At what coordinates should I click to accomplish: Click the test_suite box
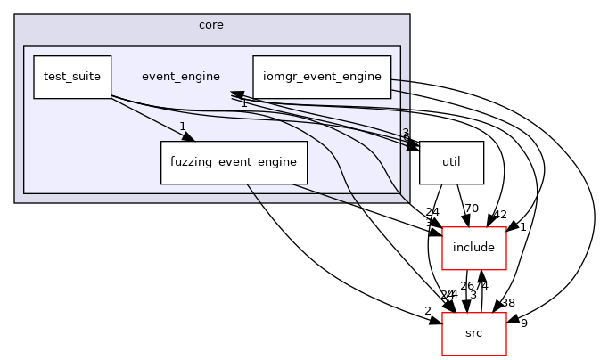[x=72, y=77]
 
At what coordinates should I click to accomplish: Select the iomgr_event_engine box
[x=322, y=77]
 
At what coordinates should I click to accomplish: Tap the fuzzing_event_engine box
[x=234, y=162]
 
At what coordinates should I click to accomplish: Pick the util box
[x=451, y=162]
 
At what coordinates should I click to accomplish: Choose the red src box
[x=474, y=332]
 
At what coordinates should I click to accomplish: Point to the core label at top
[x=211, y=24]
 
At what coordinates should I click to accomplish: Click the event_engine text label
[x=181, y=77]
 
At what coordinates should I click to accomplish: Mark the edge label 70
[x=472, y=209]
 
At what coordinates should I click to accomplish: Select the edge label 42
[x=499, y=215]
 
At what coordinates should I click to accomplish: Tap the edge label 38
[x=508, y=302]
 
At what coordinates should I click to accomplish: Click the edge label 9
[x=524, y=323]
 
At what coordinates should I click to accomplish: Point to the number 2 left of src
[x=428, y=311]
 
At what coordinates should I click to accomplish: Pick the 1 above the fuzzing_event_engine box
[x=182, y=126]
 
